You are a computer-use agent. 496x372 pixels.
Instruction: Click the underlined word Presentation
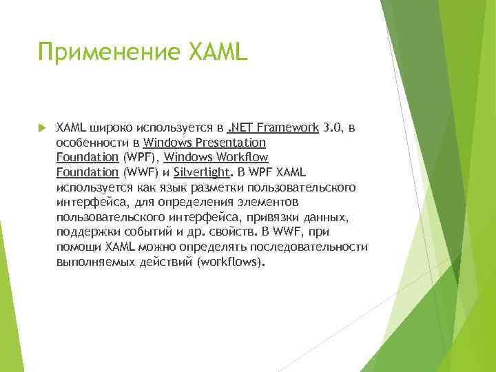pyautogui.click(x=231, y=143)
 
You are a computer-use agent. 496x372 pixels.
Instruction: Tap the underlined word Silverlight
pyautogui.click(x=200, y=172)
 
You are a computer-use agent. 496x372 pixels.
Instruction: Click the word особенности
pyautogui.click(x=90, y=143)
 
